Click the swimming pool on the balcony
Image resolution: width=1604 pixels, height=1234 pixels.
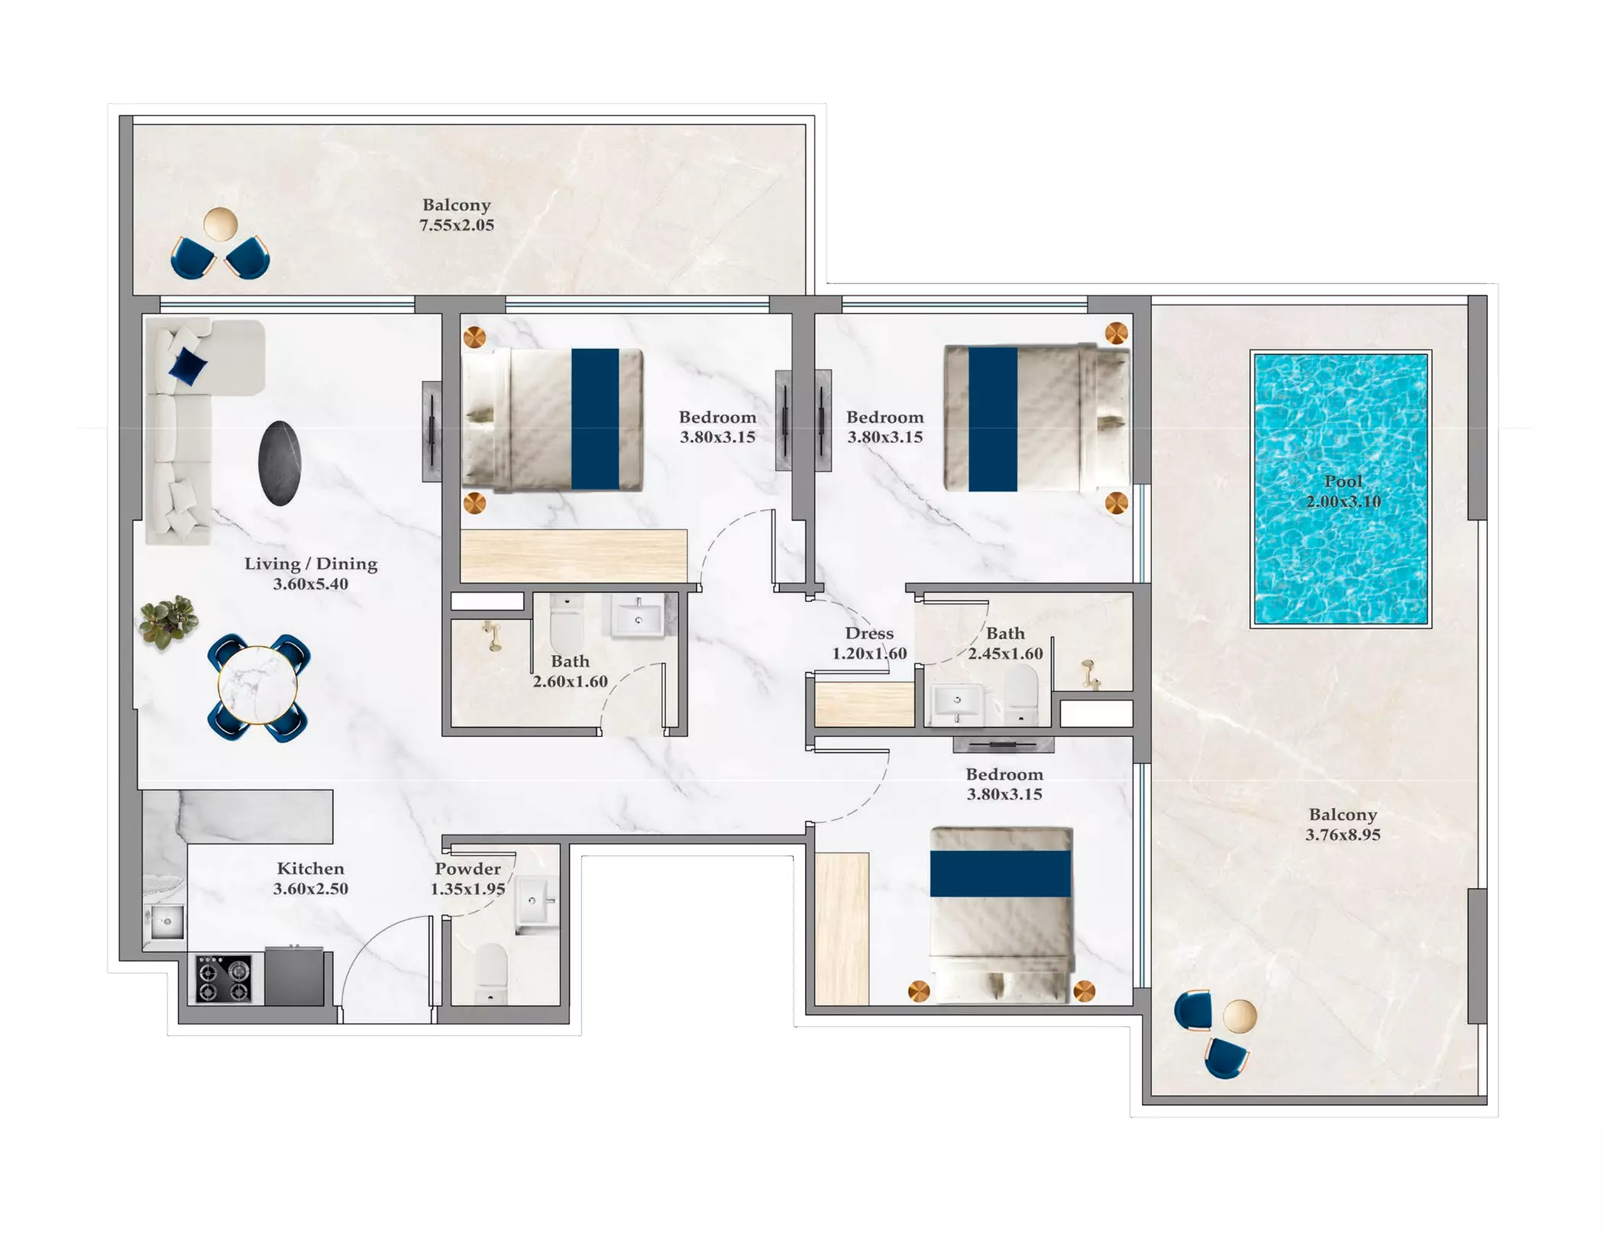click(1340, 489)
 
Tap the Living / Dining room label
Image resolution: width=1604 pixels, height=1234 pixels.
click(311, 573)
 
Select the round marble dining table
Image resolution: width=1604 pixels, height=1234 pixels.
click(257, 685)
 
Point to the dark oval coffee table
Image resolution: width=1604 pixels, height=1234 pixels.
click(280, 463)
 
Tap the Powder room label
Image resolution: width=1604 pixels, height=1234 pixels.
click(467, 879)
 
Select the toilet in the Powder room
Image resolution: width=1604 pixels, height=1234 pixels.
click(490, 974)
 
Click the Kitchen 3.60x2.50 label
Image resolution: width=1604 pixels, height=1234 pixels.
click(311, 879)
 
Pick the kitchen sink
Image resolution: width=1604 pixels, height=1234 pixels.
click(165, 922)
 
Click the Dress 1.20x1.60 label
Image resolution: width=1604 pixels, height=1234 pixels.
click(869, 643)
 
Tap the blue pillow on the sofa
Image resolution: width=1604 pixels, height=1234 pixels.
click(187, 365)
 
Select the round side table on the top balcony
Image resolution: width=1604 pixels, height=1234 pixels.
click(220, 224)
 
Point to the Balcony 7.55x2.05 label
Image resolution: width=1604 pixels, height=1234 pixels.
click(457, 215)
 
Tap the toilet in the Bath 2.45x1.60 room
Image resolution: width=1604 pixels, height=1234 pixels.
click(1021, 694)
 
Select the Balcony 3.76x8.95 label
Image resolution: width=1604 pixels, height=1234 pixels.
click(1343, 825)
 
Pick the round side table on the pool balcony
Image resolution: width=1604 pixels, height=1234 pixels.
click(1239, 1016)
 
